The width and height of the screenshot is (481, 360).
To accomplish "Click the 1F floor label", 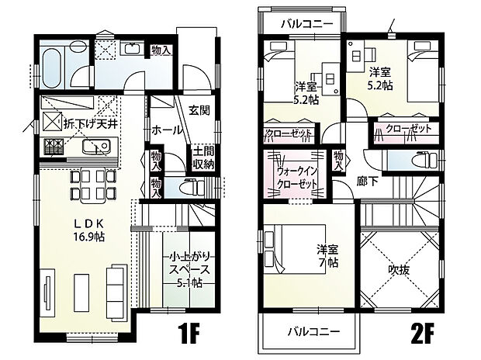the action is pos(189,334).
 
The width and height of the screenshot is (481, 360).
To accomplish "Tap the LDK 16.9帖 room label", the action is pos(88,230).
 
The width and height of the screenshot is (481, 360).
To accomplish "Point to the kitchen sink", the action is pos(96,146).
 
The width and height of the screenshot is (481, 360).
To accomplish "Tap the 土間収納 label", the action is pos(202,158).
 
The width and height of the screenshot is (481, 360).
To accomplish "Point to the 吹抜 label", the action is pos(399,270).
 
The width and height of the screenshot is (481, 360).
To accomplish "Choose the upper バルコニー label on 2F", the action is pos(307,23).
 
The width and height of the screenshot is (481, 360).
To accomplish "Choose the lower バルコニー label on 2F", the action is pos(313,331).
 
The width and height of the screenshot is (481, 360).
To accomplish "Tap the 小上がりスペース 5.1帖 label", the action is pos(189,269).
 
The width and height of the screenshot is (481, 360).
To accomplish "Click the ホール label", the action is pos(167,130).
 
